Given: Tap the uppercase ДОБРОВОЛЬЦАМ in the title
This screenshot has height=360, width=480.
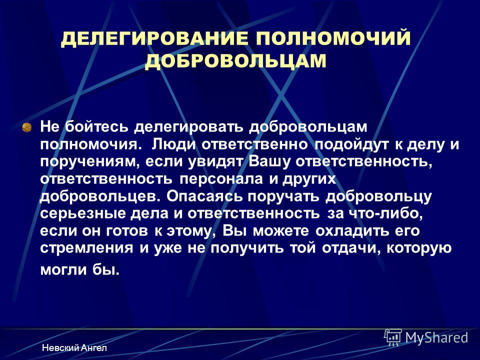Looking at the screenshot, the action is [x=235, y=61].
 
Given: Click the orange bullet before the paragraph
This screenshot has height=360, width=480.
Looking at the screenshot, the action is [x=27, y=127].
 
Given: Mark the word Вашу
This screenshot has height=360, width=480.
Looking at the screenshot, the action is [x=268, y=162].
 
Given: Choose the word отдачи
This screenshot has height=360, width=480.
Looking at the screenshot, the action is [x=351, y=248].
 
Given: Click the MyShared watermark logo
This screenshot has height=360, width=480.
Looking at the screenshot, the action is [x=426, y=337].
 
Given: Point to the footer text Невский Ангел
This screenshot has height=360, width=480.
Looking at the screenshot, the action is [x=74, y=348].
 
